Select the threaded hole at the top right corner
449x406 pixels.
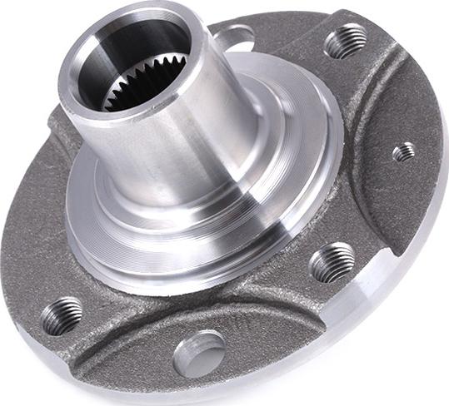(346, 41)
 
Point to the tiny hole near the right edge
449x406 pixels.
(403, 151)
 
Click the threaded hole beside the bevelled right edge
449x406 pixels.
(332, 262)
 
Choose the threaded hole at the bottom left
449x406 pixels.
(62, 315)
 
